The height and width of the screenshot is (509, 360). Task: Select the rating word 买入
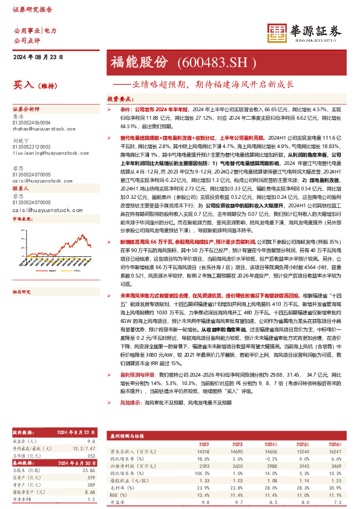22,86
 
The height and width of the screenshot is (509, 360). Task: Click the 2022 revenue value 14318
202,452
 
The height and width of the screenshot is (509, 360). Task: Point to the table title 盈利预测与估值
126,436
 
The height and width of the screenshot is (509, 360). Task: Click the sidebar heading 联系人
21,189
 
